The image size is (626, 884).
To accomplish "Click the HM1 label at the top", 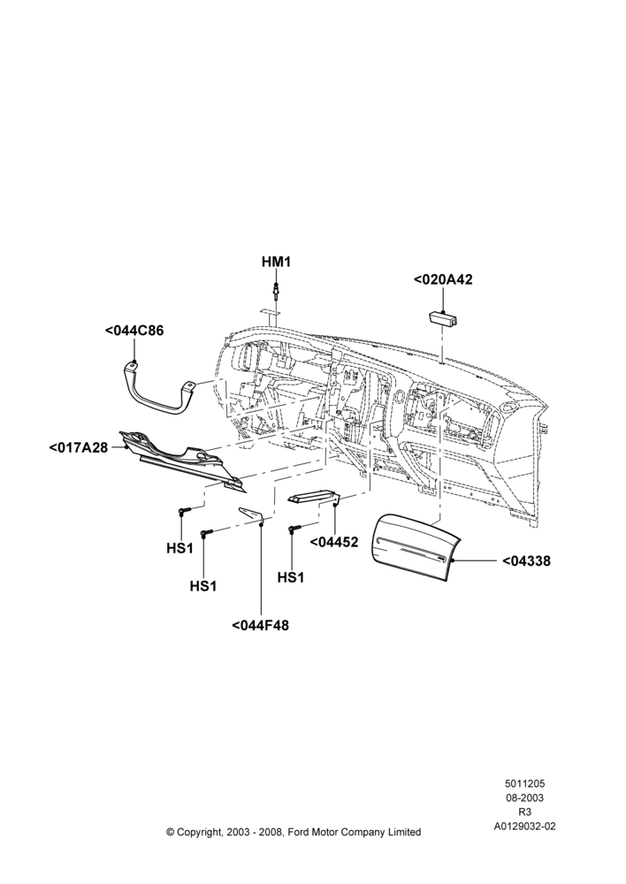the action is tap(276, 263).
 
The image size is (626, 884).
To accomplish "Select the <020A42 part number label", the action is tap(443, 279).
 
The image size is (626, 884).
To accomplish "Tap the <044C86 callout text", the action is tap(134, 331).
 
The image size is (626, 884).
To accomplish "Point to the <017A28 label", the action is tap(79, 448).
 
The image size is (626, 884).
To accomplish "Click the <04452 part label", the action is tap(334, 543).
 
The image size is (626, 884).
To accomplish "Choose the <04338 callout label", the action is tap(526, 561).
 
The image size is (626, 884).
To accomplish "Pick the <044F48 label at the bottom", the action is tap(260, 625).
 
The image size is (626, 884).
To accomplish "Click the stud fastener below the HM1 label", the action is tap(276, 292).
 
